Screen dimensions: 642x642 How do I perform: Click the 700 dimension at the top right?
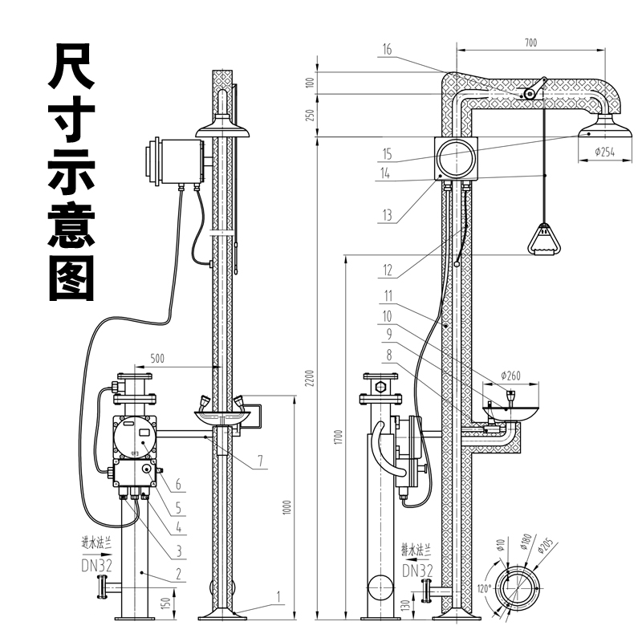(530, 42)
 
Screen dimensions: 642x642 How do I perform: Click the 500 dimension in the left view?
(156, 359)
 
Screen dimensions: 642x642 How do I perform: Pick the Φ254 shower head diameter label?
(604, 152)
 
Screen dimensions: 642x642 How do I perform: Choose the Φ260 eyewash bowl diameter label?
(510, 376)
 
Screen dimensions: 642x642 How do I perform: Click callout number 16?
(387, 50)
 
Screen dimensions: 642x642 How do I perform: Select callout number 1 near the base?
(278, 596)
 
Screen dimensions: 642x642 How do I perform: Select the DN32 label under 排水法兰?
(416, 571)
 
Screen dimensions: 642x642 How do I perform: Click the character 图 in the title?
(72, 278)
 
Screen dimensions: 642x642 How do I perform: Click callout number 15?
(387, 153)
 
